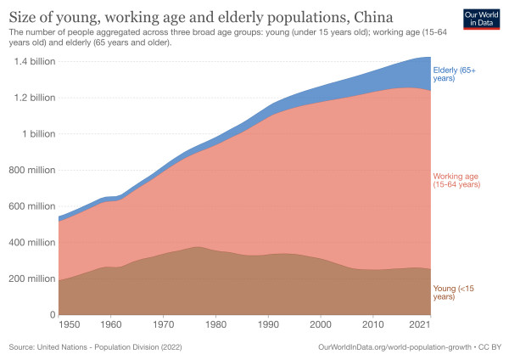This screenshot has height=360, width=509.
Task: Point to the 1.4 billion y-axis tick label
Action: coord(33,62)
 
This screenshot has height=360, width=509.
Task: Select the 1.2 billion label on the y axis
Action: coord(33,98)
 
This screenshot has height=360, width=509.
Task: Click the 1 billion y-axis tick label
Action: coord(39,134)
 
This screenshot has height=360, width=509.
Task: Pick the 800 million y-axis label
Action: coord(31,170)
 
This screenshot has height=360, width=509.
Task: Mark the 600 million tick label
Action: coord(31,206)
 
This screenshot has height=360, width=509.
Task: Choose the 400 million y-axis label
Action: coord(31,242)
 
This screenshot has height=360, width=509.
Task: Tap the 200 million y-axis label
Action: coord(31,278)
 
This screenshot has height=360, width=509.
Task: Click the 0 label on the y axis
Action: coord(53,315)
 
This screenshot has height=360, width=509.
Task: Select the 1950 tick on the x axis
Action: coord(70,325)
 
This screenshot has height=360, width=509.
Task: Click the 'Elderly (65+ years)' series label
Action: coord(456,74)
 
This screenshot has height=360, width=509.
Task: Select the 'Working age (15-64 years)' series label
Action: coord(457,180)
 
